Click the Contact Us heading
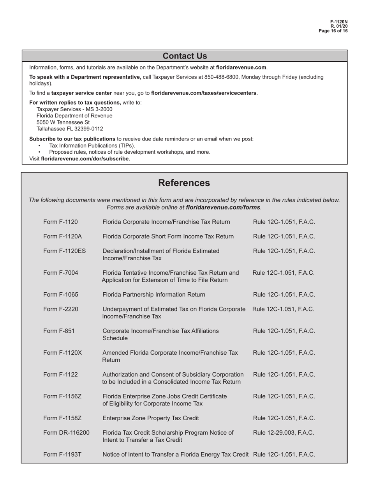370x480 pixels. [x=185, y=56]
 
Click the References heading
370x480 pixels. [x=184, y=183]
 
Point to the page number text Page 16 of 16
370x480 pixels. [x=333, y=31]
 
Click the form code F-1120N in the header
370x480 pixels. [x=339, y=22]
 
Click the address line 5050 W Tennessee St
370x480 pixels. [x=58, y=123]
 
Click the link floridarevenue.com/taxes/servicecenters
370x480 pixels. [x=204, y=93]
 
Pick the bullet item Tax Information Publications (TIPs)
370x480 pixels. [x=92, y=146]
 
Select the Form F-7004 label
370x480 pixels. [x=60, y=273]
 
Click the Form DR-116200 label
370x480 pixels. [x=66, y=432]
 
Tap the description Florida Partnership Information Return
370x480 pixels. [x=154, y=295]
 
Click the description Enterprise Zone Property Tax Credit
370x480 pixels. [x=151, y=418]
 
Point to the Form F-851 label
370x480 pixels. [x=59, y=331]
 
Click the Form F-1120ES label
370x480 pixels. [x=64, y=251]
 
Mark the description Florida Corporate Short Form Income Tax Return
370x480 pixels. [x=168, y=236]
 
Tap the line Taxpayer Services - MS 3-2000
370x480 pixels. [x=74, y=109]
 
